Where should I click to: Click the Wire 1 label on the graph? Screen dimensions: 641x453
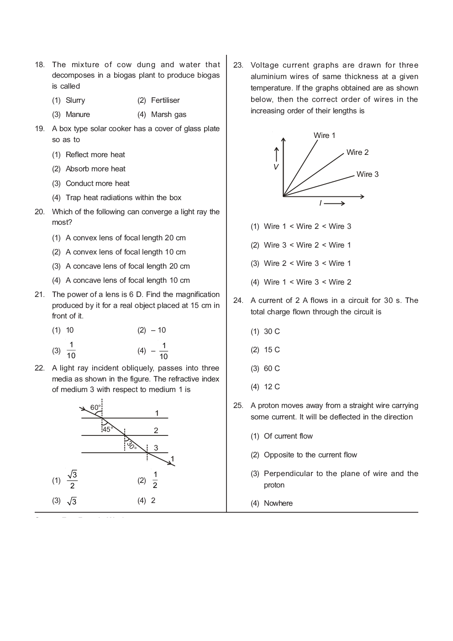(324, 135)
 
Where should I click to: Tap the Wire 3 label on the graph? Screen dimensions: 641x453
(367, 174)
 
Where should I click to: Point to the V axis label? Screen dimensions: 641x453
(276, 167)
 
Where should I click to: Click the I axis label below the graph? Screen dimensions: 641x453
(321, 203)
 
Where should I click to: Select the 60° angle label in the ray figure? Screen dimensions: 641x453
(95, 407)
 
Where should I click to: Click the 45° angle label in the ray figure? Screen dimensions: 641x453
(107, 429)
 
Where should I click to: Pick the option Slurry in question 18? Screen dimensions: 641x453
(75, 100)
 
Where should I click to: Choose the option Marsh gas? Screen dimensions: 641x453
(169, 114)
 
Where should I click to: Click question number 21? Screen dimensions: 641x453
(39, 294)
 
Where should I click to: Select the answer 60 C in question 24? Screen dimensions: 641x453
(272, 368)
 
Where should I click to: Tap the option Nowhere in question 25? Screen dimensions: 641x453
(278, 503)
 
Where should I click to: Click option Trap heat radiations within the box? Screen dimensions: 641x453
(123, 197)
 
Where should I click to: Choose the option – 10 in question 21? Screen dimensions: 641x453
(158, 330)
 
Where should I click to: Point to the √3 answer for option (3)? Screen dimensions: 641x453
(72, 501)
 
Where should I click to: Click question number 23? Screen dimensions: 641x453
(238, 65)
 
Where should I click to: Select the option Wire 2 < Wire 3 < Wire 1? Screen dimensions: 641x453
(307, 263)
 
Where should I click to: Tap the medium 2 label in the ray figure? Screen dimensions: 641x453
(156, 430)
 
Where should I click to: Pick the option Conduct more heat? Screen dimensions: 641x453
(97, 183)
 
